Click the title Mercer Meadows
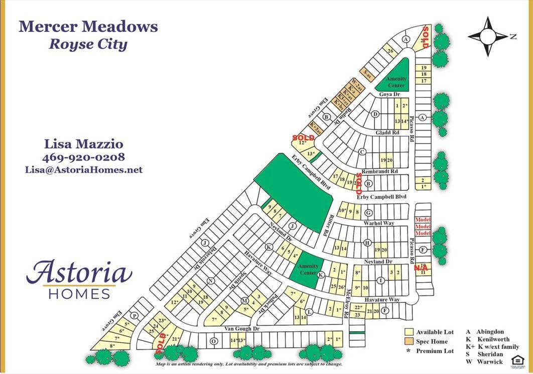point(88,27)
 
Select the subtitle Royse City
point(88,44)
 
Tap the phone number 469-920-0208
point(84,157)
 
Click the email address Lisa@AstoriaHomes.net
point(84,170)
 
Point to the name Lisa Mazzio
point(84,145)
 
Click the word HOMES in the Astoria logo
point(79,294)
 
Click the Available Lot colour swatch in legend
point(409,332)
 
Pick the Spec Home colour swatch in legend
point(409,341)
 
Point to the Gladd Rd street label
point(387,133)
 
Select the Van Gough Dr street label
point(242,329)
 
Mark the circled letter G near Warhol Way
point(368,212)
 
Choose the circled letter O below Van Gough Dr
point(213,341)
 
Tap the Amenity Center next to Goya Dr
point(396,80)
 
